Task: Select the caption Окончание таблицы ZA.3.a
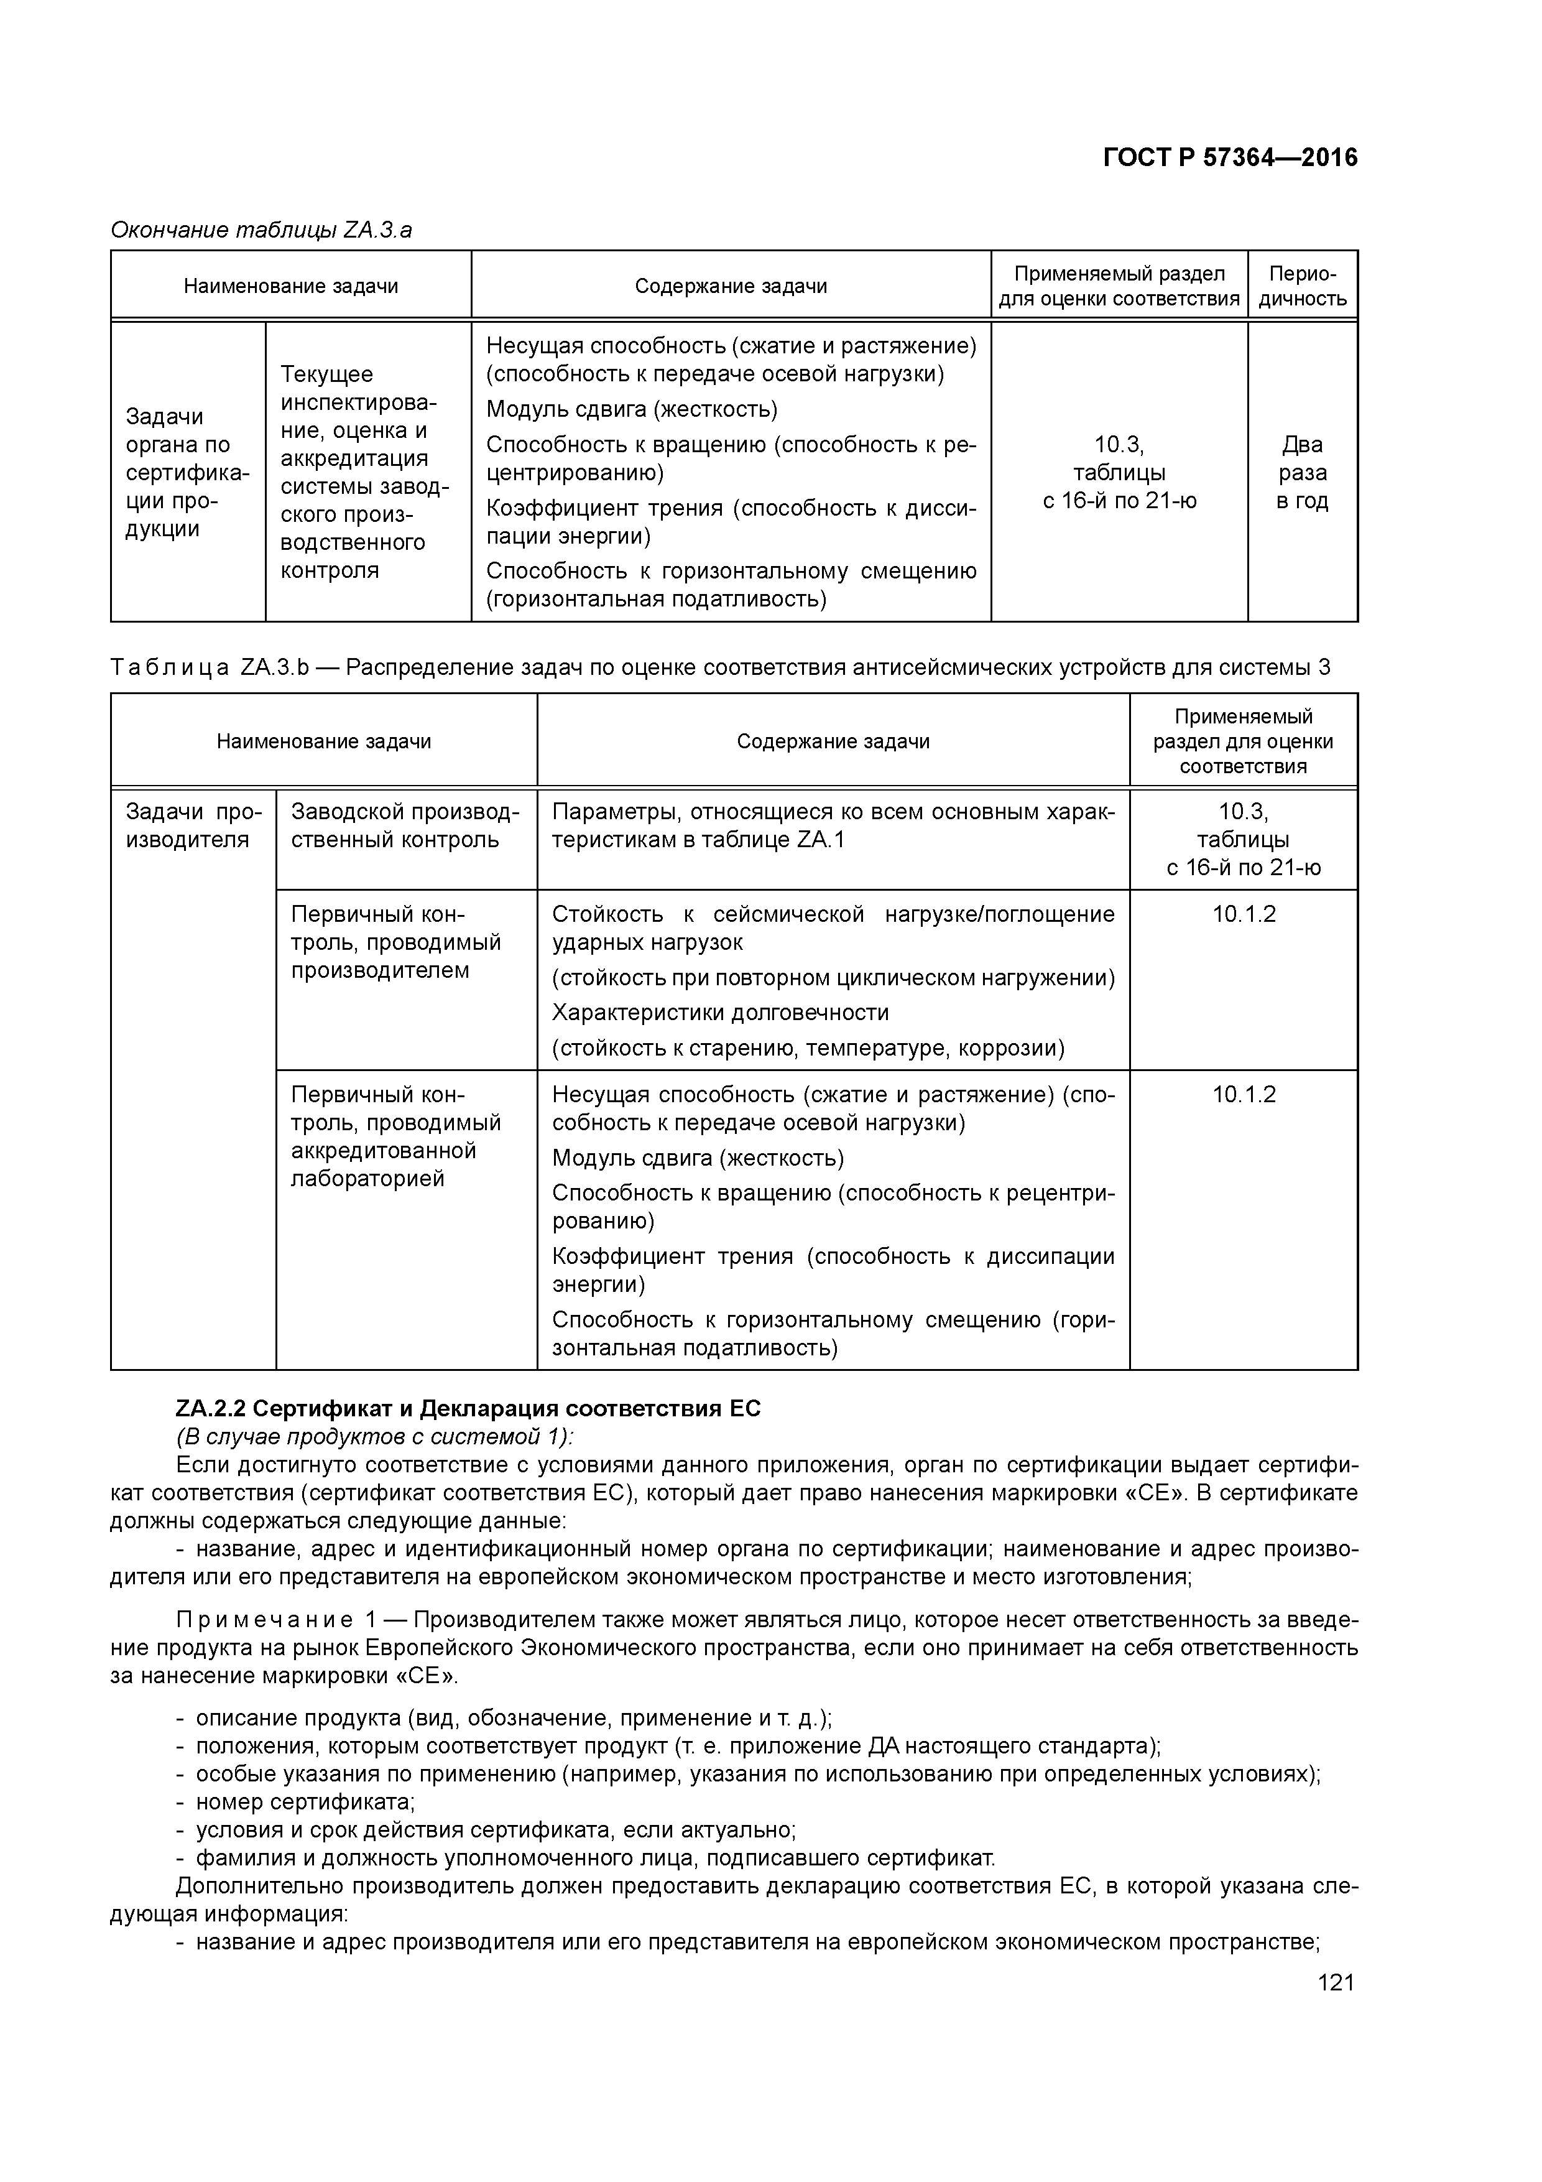[261, 230]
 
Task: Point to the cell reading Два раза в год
[1301, 472]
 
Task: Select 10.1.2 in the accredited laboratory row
[1243, 1095]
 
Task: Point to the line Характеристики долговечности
[720, 1012]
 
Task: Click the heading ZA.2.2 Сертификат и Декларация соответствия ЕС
[468, 1408]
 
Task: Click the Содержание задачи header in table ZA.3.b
[833, 741]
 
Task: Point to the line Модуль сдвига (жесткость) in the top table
[632, 410]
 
